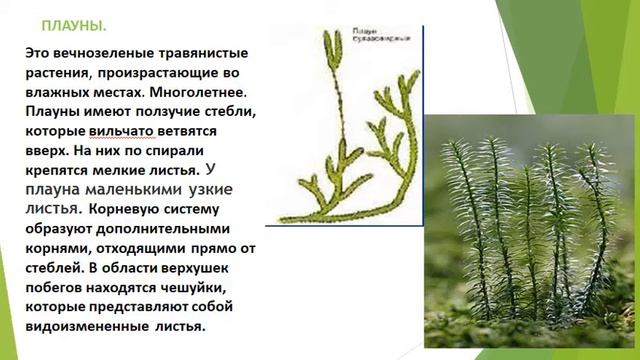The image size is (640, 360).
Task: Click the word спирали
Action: [219, 149]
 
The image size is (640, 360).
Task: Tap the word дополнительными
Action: [193, 228]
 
